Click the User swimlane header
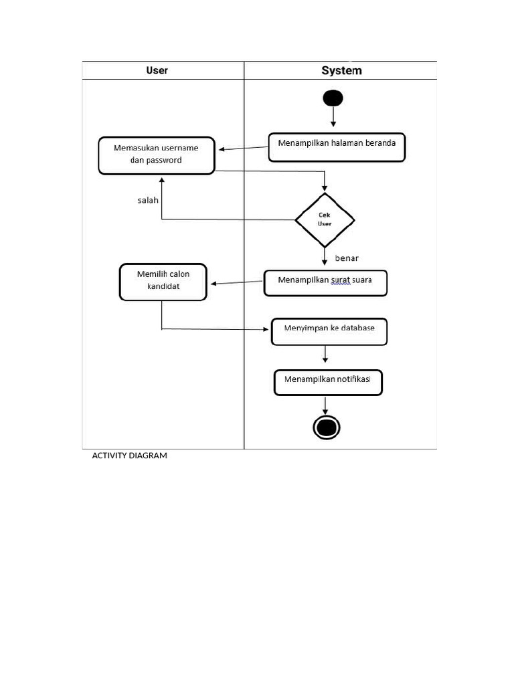[x=157, y=70]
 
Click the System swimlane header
[x=341, y=70]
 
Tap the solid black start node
[x=333, y=98]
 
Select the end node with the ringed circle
[x=327, y=427]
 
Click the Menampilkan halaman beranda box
[x=337, y=147]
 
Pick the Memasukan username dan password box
[x=156, y=155]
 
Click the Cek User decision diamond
[x=325, y=219]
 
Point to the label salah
[x=148, y=200]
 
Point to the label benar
[x=347, y=258]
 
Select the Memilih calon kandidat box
[x=163, y=281]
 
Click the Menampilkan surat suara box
[x=325, y=282]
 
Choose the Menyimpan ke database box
[x=329, y=331]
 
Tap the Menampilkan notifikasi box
[x=328, y=382]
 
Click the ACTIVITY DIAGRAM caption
[x=129, y=456]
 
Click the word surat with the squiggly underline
[x=340, y=280]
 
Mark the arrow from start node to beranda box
[x=333, y=118]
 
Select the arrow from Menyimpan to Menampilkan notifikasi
[x=325, y=357]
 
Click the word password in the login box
[x=164, y=161]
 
